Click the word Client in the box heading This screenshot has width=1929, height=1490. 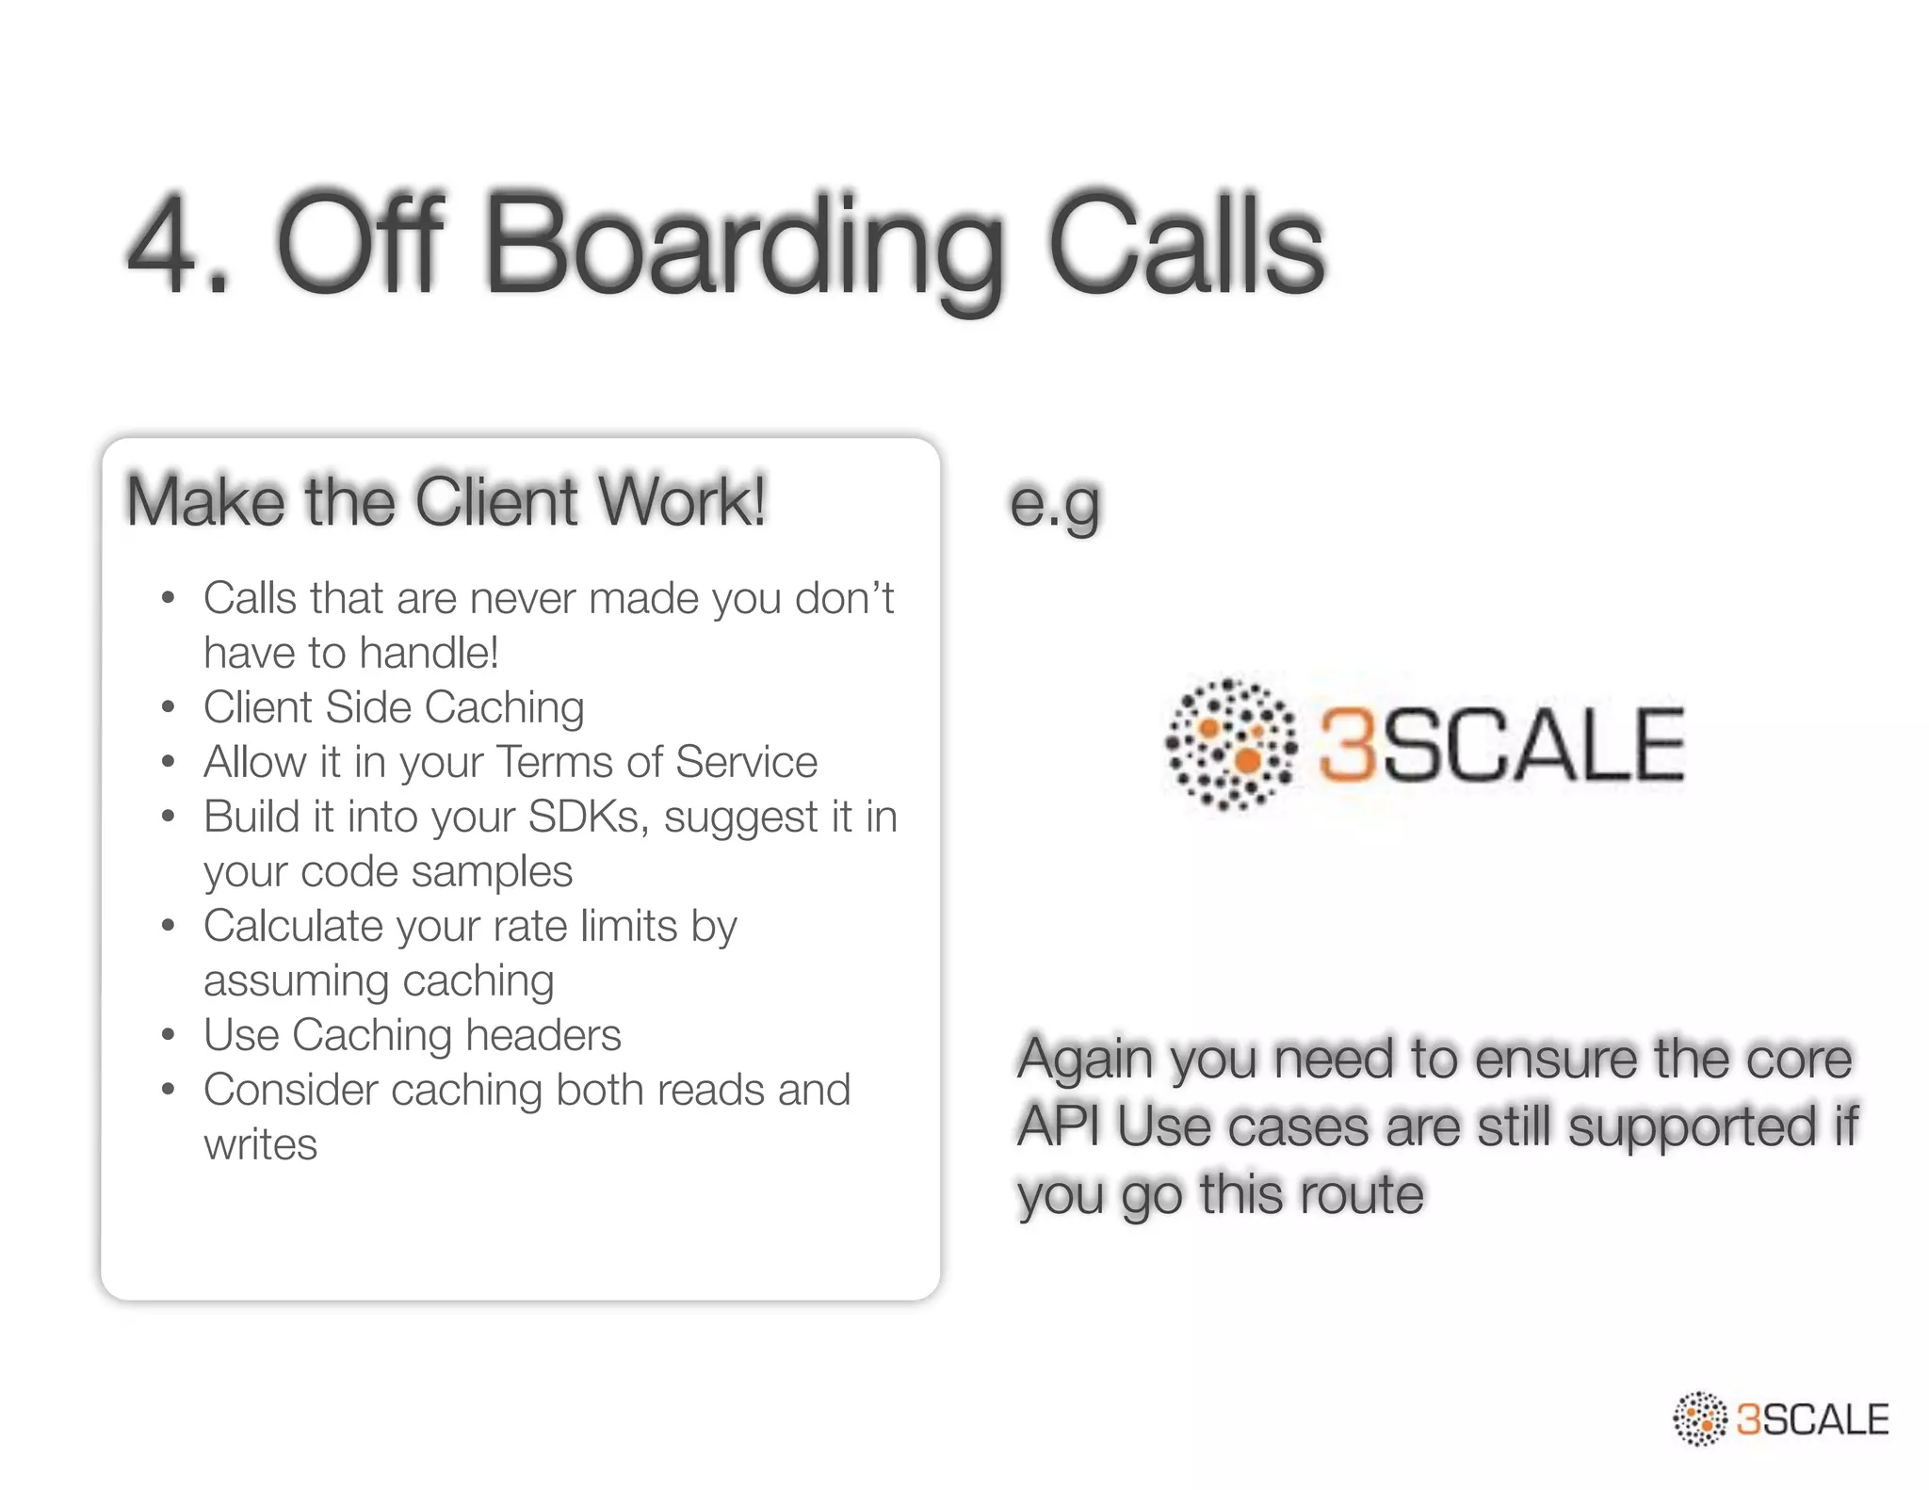pyautogui.click(x=496, y=501)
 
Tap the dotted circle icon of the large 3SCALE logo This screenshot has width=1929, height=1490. pyautogui.click(x=1230, y=744)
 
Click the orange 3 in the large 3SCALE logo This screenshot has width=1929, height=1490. pyautogui.click(x=1347, y=746)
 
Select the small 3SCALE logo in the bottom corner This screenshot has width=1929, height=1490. pyautogui.click(x=1780, y=1418)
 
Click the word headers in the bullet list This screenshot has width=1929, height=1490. pyautogui.click(x=543, y=1036)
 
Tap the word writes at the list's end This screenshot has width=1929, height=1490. pyautogui.click(x=261, y=1145)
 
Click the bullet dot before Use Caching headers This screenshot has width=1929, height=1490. pyautogui.click(x=169, y=1036)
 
